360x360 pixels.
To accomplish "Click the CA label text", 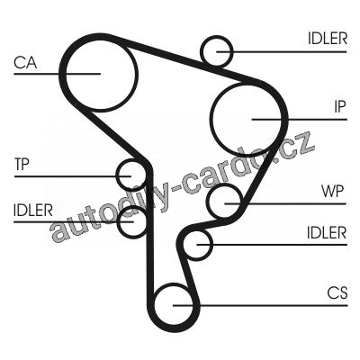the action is (x=25, y=63).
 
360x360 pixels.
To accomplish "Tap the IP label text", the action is (x=340, y=106).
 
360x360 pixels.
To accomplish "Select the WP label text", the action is (x=332, y=191).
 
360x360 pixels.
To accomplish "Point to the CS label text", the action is (x=337, y=293).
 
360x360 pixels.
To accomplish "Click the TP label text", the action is (x=22, y=164).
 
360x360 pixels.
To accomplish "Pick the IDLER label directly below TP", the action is (x=33, y=210).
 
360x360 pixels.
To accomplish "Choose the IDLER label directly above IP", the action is (x=328, y=39).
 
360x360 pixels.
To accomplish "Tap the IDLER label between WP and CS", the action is (x=327, y=232).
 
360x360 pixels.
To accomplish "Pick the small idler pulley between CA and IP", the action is (x=218, y=37).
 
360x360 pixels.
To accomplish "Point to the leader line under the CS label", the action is (x=260, y=306).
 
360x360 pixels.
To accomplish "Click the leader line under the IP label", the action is (x=300, y=120).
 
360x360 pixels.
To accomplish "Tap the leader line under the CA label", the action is (x=57, y=74).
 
